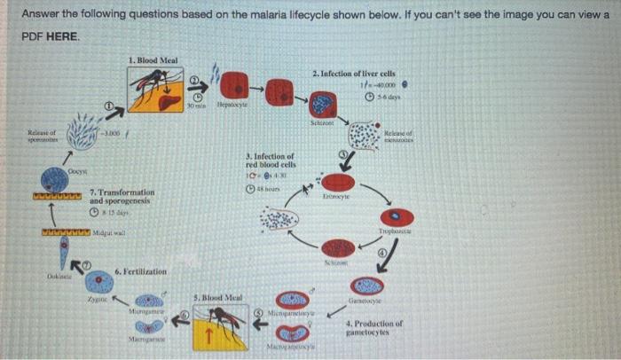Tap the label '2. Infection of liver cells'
[x=354, y=72]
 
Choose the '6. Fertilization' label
[x=142, y=270]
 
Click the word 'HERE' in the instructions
[x=65, y=37]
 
